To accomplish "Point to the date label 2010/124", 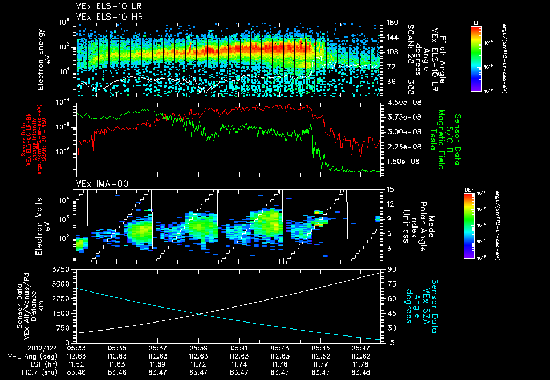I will coord(21,347).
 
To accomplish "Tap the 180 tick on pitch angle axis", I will coord(392,23).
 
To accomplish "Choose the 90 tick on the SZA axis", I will coord(392,269).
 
